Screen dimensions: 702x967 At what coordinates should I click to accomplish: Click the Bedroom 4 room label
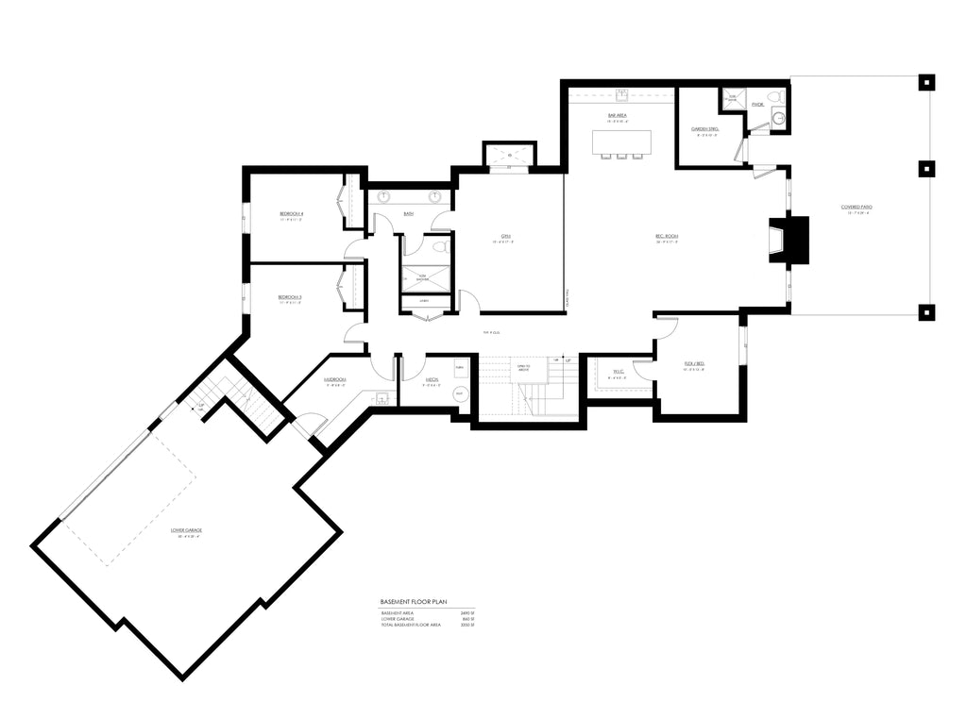pos(291,214)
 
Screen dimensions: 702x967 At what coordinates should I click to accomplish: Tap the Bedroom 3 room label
pos(289,297)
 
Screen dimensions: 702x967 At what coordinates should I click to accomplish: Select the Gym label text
pos(506,237)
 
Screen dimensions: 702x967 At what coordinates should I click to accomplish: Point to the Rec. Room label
pos(668,237)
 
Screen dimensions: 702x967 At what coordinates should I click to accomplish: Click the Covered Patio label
pos(857,208)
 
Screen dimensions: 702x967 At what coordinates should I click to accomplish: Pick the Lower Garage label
pos(186,530)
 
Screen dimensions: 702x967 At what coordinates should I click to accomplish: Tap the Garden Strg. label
pos(705,128)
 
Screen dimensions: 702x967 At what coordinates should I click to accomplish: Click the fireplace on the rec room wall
pos(789,240)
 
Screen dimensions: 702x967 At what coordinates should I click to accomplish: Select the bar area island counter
pos(621,142)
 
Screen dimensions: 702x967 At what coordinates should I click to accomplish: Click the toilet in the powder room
pos(773,97)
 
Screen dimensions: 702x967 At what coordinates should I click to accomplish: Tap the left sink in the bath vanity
pos(385,198)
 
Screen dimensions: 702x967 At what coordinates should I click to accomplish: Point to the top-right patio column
pos(926,82)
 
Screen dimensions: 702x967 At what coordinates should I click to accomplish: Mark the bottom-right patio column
pos(926,312)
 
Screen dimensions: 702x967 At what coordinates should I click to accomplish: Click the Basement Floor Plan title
pos(413,601)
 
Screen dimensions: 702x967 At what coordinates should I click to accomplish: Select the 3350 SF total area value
pos(464,626)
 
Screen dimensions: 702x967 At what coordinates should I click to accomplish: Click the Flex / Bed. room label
pos(693,363)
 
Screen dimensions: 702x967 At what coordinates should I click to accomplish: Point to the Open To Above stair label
pos(524,368)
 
